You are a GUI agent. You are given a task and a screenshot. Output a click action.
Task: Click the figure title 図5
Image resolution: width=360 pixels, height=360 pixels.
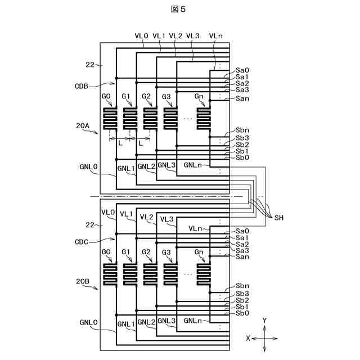179,9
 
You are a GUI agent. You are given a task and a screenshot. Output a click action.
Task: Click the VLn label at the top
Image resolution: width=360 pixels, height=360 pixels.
215,35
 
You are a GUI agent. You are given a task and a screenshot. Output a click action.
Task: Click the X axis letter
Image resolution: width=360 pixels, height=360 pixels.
247,338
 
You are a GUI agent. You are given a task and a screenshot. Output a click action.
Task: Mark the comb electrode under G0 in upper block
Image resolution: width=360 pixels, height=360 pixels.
111,118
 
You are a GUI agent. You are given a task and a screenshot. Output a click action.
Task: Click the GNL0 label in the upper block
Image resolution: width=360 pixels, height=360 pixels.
88,167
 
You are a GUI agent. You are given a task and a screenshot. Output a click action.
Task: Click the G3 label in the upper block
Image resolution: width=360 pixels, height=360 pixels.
166,97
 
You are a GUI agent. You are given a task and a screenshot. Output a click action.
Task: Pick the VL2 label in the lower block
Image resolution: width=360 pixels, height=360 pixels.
147,217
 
